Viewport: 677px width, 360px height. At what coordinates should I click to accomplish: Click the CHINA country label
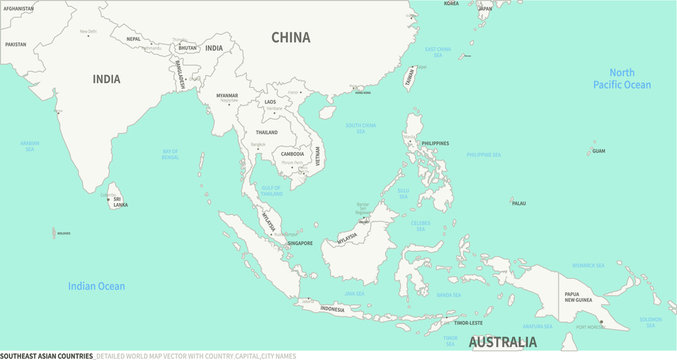pos(291,38)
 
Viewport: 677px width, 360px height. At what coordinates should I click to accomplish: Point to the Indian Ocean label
pos(97,287)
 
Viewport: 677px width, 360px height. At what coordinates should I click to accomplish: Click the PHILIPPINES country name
pos(435,144)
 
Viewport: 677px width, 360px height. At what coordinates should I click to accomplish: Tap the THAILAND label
pos(266,132)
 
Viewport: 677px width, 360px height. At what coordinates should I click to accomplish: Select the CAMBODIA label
pos(292,154)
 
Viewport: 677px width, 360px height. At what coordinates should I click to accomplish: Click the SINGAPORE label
pos(300,243)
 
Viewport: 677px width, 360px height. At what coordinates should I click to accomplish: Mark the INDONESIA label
pos(332,309)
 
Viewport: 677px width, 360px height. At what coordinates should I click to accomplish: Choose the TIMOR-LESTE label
pos(468,323)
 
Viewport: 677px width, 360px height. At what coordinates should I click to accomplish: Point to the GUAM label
pos(599,151)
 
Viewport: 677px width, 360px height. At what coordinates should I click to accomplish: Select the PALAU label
pos(518,203)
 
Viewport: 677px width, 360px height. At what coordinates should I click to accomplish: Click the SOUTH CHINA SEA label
pos(361,127)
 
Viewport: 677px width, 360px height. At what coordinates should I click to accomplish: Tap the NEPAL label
pos(133,39)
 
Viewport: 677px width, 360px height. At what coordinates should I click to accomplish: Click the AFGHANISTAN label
pos(18,8)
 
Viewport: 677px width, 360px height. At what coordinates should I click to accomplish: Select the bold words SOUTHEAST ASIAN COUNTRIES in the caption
pos(47,355)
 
